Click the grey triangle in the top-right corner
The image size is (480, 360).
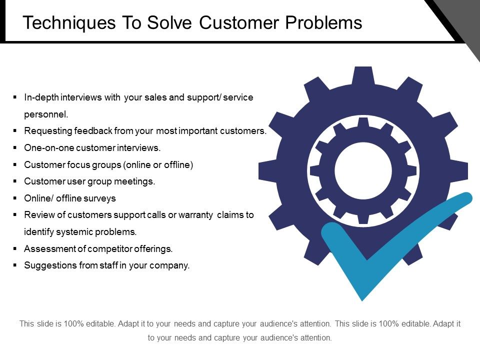point(462,17)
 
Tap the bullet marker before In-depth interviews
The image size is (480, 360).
point(14,97)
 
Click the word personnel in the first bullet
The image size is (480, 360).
point(45,114)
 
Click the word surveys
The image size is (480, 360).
point(100,198)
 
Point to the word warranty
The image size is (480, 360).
point(196,215)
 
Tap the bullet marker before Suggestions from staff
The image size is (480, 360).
point(14,265)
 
